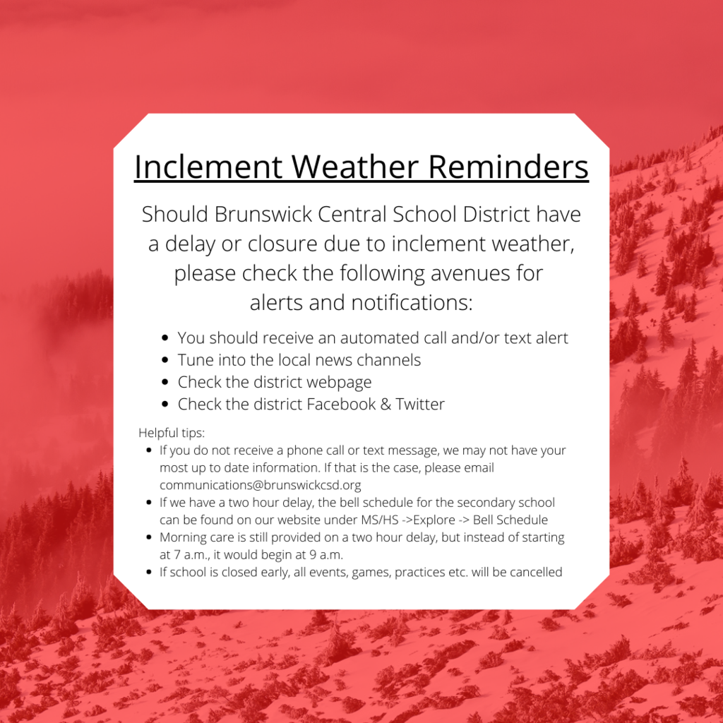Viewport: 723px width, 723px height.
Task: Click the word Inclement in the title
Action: (208, 167)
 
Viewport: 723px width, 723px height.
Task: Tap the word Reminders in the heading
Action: (508, 167)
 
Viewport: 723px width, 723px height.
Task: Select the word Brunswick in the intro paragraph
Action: (263, 215)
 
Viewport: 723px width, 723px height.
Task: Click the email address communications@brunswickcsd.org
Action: (260, 485)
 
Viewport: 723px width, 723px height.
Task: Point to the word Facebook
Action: (341, 404)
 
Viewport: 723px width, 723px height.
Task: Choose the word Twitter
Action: (420, 404)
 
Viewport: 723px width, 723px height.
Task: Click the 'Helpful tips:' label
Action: (172, 433)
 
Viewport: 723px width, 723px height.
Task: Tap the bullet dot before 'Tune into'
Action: (165, 360)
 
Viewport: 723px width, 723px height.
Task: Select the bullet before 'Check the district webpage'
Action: (165, 382)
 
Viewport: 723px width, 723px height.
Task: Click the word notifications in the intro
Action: (412, 302)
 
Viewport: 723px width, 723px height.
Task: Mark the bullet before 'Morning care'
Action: (148, 537)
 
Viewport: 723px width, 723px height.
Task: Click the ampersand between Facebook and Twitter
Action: (386, 405)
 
